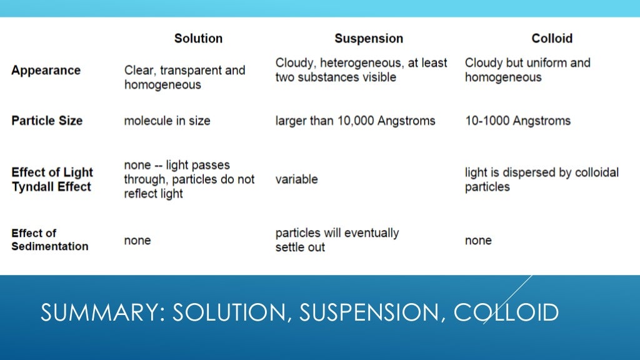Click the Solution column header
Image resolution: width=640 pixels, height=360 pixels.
click(x=198, y=38)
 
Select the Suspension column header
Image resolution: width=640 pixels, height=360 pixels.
click(x=369, y=38)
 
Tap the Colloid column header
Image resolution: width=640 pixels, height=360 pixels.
click(x=552, y=38)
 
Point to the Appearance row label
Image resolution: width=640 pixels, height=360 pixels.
click(x=46, y=70)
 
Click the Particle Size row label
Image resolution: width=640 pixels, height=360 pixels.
click(x=47, y=121)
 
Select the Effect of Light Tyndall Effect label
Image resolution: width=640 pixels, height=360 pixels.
click(x=52, y=179)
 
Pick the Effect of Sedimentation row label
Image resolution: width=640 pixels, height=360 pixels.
click(x=49, y=240)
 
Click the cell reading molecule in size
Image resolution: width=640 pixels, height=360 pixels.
click(x=167, y=121)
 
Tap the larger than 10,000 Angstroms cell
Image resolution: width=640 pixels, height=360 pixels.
click(x=355, y=121)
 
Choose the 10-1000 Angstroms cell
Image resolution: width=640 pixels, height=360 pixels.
click(x=517, y=121)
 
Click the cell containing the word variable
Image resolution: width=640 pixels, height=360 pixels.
click(x=296, y=179)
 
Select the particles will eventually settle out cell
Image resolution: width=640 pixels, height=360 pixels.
click(x=337, y=240)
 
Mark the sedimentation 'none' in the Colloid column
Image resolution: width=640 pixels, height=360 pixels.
click(x=478, y=241)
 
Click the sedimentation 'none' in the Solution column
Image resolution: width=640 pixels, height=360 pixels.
click(x=137, y=241)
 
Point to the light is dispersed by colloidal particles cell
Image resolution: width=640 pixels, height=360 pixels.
click(x=541, y=179)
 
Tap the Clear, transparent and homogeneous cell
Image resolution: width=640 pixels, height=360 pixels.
click(x=184, y=77)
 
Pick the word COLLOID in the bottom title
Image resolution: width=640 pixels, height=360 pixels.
click(x=506, y=312)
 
